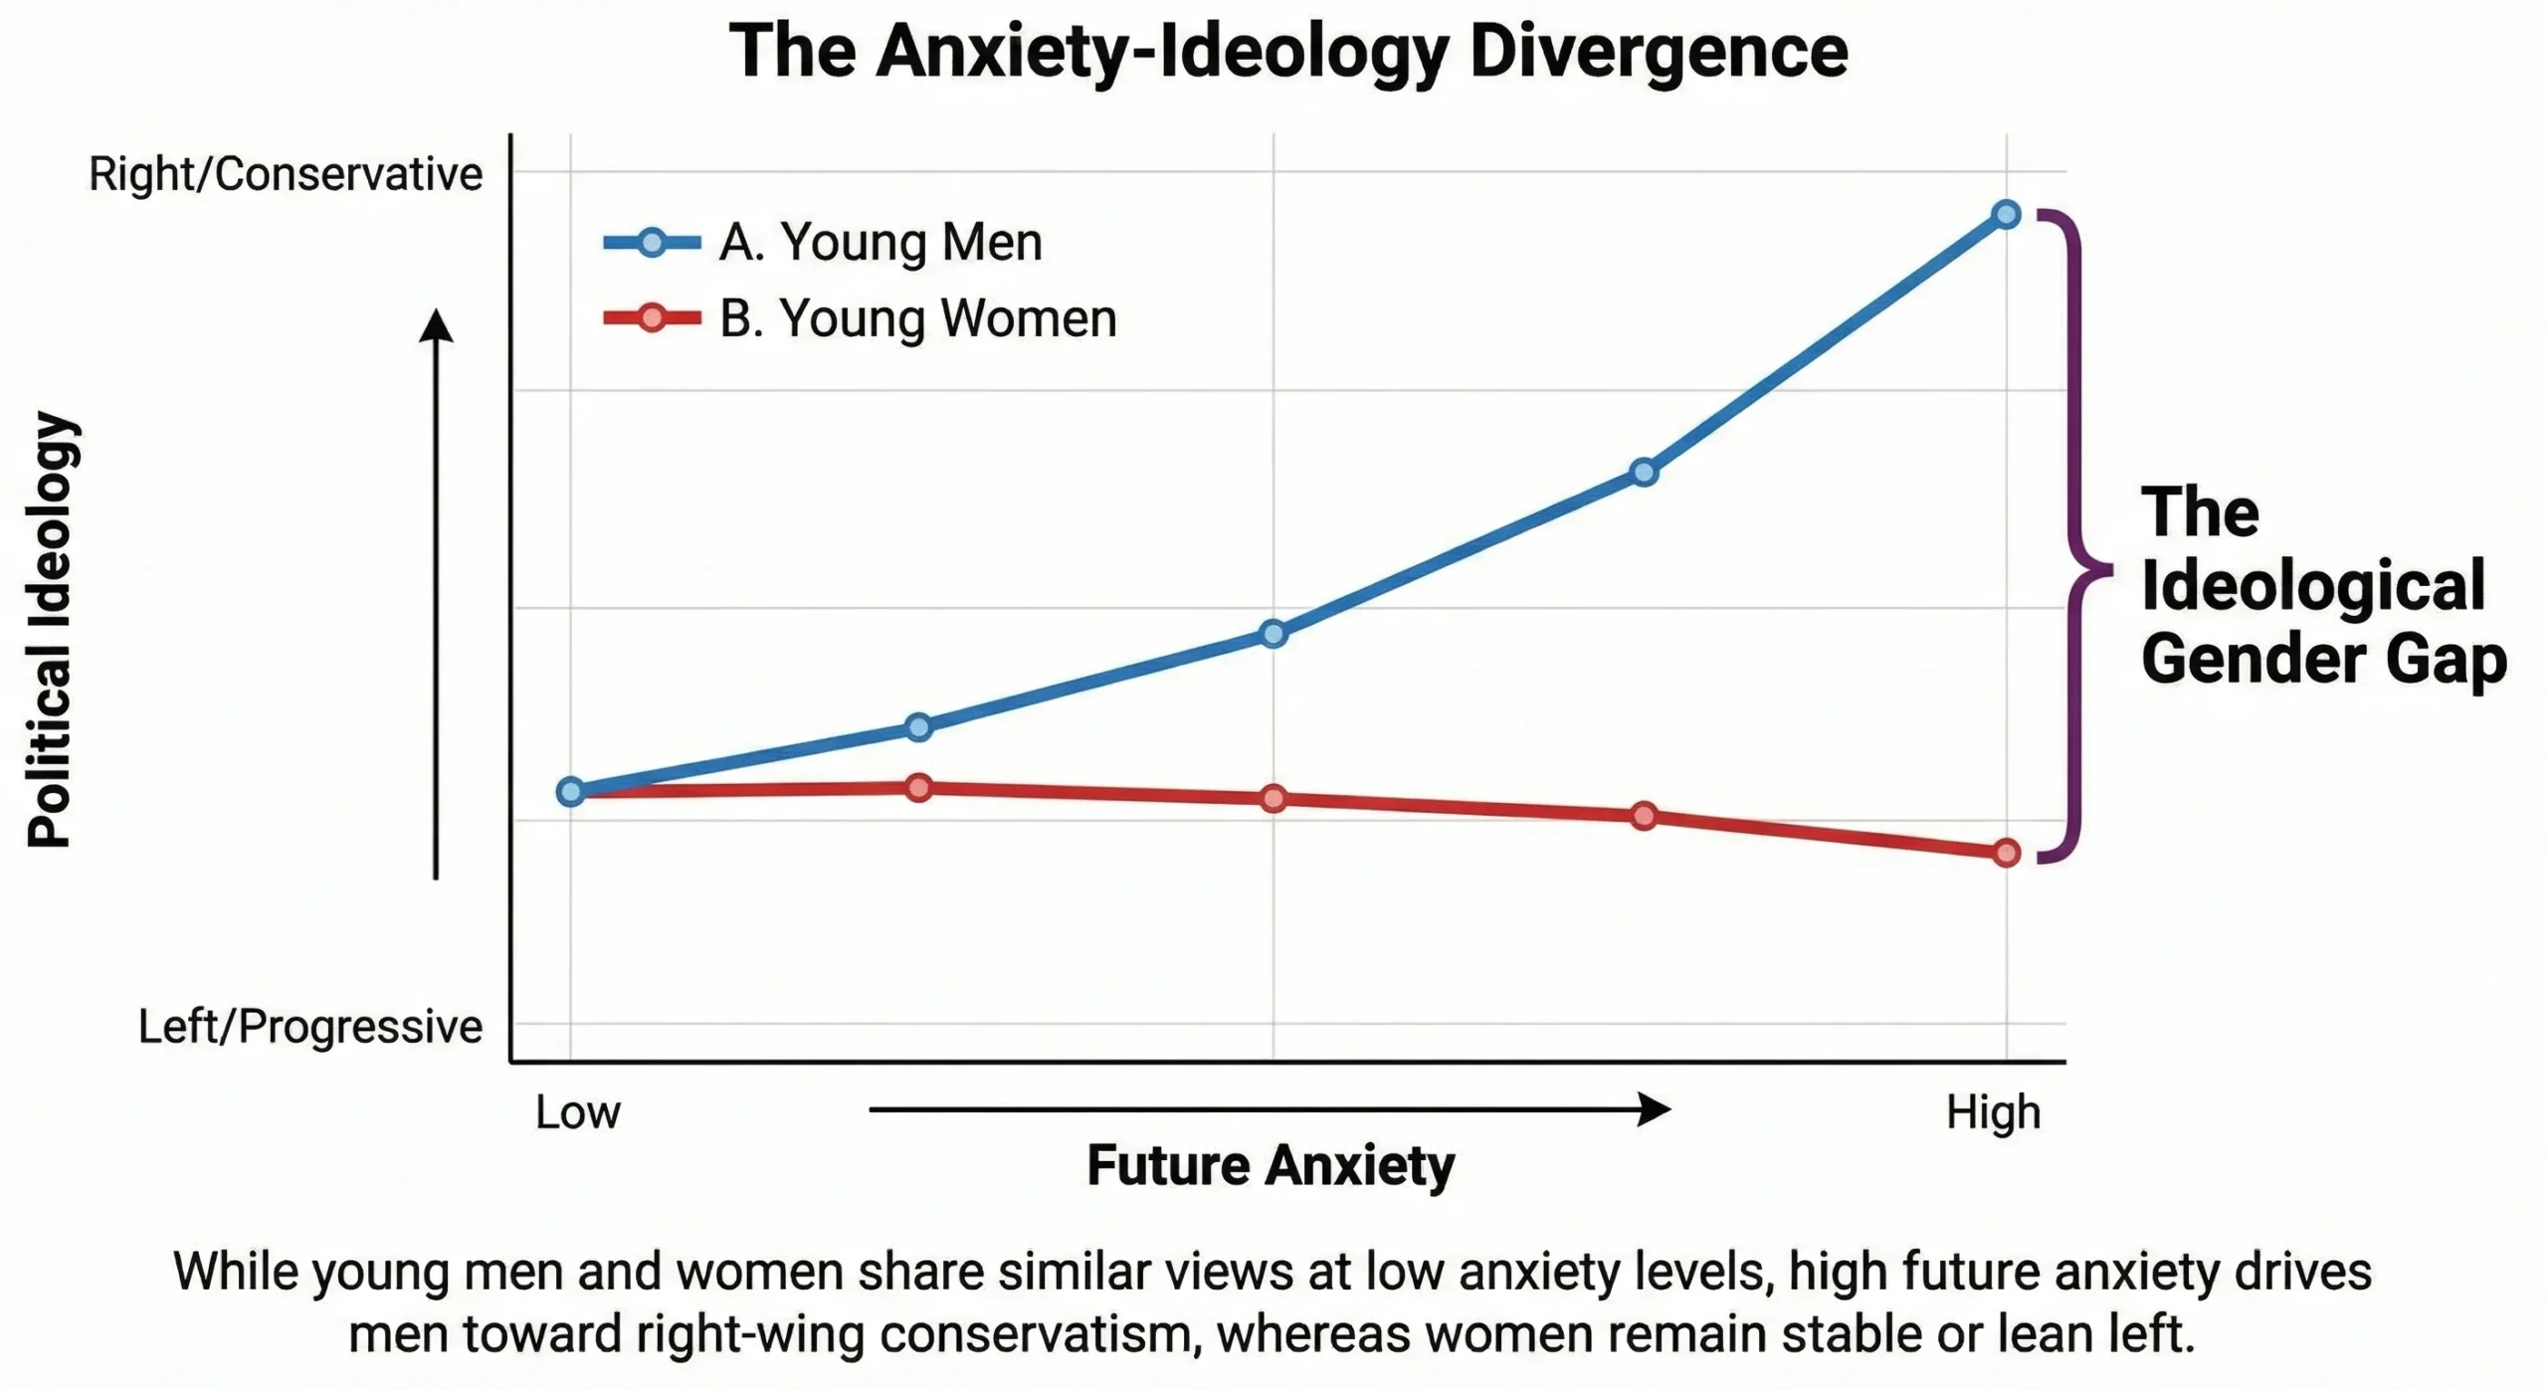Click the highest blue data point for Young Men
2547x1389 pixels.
2006,214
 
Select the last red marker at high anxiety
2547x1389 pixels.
2006,853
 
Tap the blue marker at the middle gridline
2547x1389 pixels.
1273,634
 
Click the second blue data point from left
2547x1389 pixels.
918,727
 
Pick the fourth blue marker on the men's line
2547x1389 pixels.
1644,473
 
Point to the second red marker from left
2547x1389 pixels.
918,788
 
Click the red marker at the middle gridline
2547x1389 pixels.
1273,798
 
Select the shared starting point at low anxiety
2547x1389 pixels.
570,792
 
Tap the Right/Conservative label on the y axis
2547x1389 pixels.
286,174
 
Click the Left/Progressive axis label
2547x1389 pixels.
309,1026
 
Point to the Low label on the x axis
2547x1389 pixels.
577,1111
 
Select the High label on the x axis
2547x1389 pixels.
1993,1111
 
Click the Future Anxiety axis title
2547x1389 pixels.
1271,1164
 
